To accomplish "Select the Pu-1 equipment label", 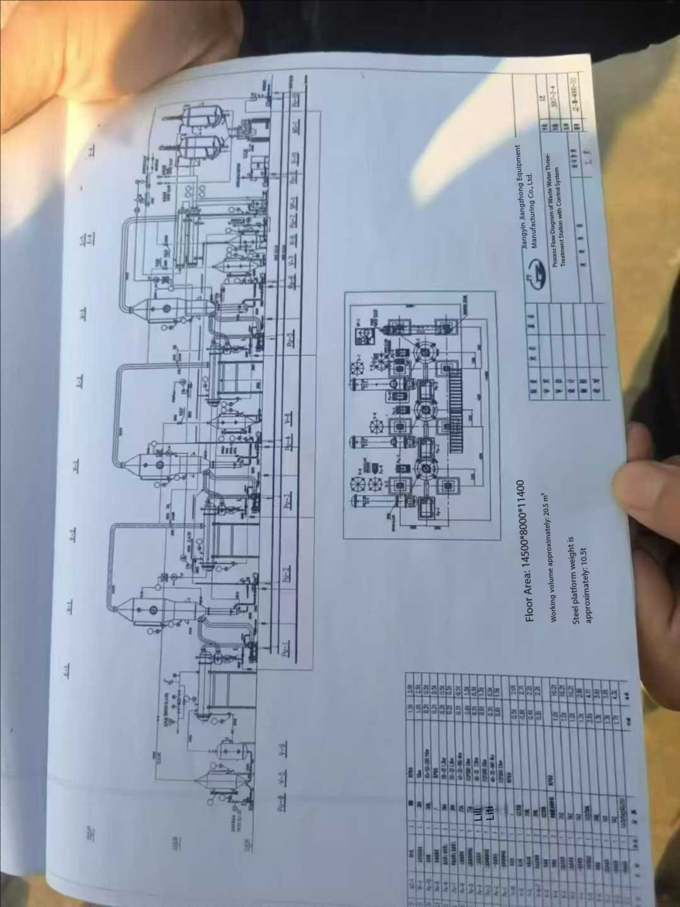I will click(286, 648).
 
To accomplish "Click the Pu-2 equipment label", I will click(286, 576).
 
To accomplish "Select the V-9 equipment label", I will click(283, 750).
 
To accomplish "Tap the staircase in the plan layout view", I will click(456, 406).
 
